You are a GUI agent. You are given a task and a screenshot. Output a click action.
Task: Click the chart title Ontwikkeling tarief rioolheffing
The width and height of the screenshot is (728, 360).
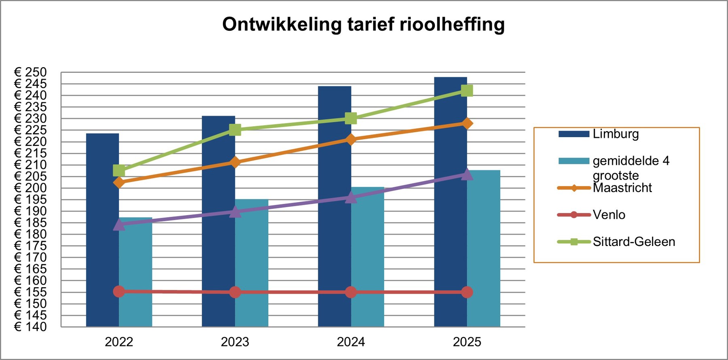click(363, 24)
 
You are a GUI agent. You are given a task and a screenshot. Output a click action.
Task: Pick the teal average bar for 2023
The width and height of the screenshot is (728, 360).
click(252, 263)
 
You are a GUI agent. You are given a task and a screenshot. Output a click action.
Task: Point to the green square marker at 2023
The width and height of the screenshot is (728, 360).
click(235, 130)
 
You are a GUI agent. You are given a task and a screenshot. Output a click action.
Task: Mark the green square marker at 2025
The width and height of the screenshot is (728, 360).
click(467, 91)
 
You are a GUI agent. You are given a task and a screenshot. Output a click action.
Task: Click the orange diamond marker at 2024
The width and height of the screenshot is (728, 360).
click(351, 140)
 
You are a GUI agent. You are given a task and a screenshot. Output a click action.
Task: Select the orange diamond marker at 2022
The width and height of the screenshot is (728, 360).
click(119, 182)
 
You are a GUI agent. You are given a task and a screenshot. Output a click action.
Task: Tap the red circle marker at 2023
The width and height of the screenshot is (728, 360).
click(235, 292)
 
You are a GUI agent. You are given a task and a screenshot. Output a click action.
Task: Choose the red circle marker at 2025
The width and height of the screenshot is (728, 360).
click(467, 292)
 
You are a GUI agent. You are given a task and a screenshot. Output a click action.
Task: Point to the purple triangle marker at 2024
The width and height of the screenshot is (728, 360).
click(351, 197)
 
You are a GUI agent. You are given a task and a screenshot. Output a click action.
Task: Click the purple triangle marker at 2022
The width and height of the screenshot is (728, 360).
click(119, 224)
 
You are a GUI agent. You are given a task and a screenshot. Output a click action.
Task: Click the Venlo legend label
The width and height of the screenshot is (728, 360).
click(609, 215)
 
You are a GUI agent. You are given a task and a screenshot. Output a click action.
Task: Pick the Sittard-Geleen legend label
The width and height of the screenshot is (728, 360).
click(634, 242)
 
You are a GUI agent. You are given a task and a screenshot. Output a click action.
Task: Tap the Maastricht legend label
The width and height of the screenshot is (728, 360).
click(622, 188)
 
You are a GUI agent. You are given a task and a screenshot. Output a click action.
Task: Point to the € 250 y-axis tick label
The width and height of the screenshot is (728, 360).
click(31, 72)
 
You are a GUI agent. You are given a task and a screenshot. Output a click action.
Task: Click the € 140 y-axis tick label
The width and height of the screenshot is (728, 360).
click(31, 326)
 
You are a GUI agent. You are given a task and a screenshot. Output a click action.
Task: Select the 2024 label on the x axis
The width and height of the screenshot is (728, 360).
click(351, 342)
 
